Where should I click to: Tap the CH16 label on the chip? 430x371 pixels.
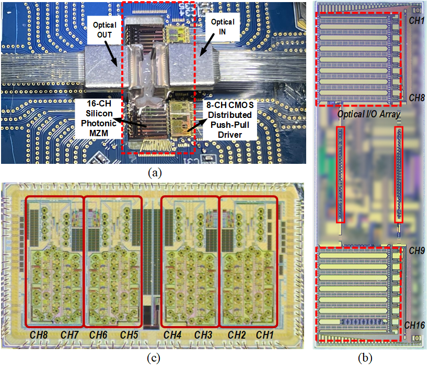click(x=415, y=325)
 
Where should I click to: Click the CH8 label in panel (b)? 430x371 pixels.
click(x=416, y=98)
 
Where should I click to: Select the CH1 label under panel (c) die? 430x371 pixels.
click(x=265, y=334)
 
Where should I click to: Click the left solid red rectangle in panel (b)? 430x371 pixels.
click(x=341, y=175)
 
